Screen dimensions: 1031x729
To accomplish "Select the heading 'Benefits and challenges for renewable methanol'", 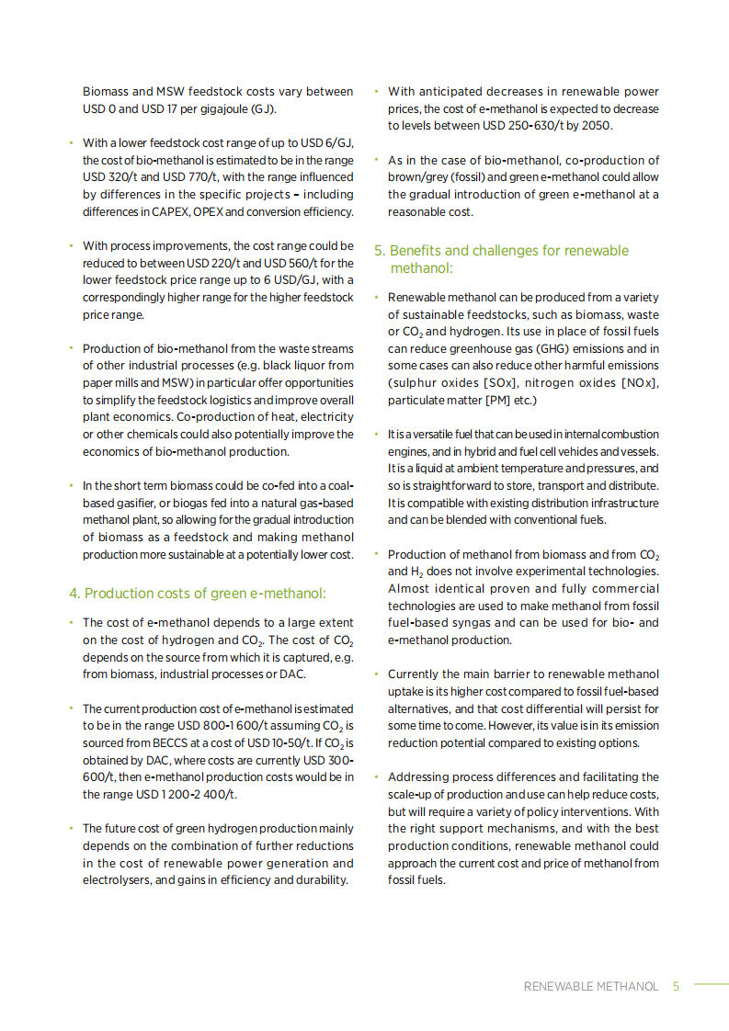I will pos(508,259).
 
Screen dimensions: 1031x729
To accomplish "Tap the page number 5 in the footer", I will pos(676,986).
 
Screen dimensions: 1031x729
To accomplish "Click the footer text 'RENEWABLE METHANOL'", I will pos(591,986).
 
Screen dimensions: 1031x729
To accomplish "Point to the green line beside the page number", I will pos(710,984).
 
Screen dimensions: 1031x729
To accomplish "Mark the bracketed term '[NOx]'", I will pos(641,383).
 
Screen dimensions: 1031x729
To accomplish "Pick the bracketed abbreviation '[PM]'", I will pos(491,400).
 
